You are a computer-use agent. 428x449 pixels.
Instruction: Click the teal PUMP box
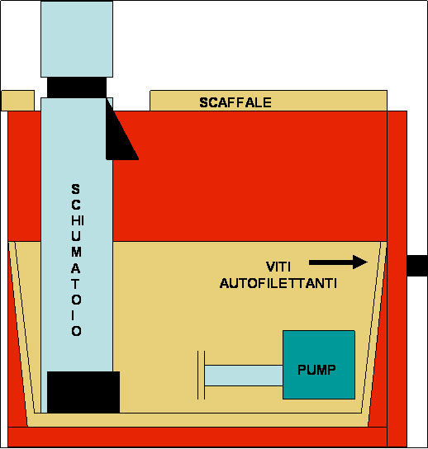click(x=319, y=365)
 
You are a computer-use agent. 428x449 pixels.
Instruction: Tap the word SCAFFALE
click(x=235, y=102)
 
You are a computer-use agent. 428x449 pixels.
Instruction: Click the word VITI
click(x=278, y=267)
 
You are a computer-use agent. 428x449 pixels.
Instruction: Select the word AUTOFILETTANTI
click(x=278, y=283)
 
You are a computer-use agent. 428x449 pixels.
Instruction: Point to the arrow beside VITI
click(x=338, y=262)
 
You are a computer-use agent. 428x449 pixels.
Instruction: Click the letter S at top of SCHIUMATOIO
click(x=76, y=189)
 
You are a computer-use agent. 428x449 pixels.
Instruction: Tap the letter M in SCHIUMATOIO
click(x=76, y=252)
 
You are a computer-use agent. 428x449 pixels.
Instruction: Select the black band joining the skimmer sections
click(x=77, y=87)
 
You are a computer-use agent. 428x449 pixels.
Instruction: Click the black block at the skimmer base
click(x=83, y=392)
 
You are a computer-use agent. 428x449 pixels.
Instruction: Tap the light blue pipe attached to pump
click(x=244, y=376)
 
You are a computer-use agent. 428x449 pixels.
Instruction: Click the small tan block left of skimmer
click(x=18, y=101)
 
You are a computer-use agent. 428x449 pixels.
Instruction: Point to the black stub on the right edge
click(x=417, y=266)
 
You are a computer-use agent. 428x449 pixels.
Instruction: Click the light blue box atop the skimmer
click(x=77, y=40)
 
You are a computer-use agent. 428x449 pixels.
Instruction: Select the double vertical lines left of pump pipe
click(x=201, y=375)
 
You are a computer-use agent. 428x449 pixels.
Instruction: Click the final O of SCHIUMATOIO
click(x=76, y=331)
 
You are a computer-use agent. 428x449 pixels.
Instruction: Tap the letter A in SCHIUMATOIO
click(x=76, y=268)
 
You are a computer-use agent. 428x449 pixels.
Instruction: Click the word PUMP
click(x=316, y=370)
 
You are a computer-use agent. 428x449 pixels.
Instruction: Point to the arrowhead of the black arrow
click(x=360, y=262)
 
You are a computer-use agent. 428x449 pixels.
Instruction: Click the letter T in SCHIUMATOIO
click(x=76, y=284)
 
